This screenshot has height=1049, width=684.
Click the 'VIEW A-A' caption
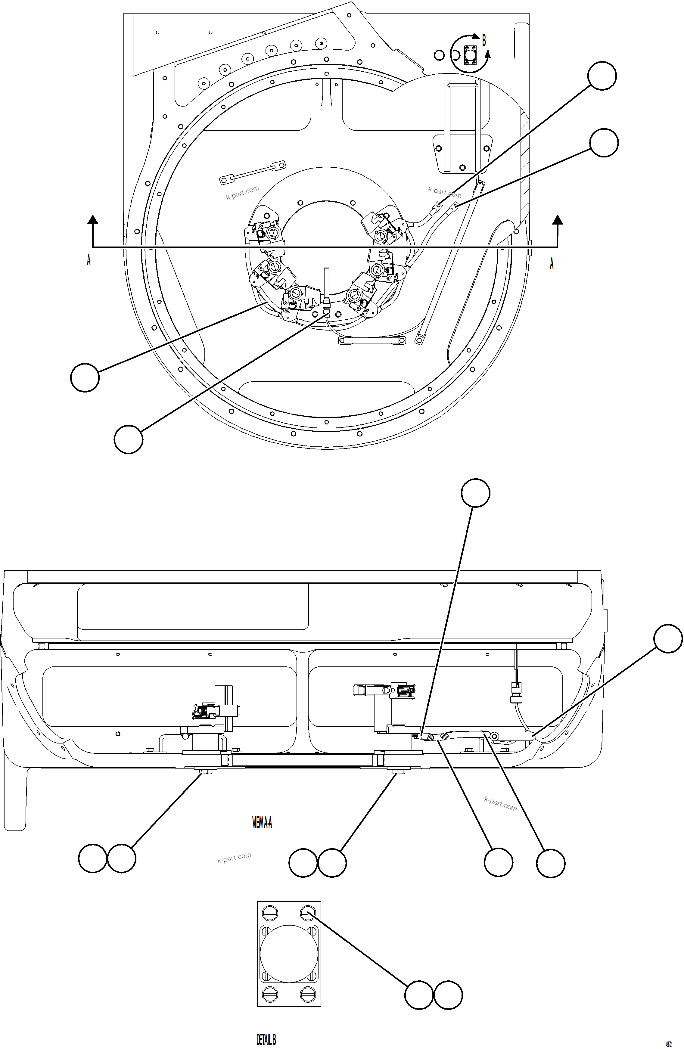click(262, 822)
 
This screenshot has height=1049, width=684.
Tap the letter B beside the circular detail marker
click(484, 41)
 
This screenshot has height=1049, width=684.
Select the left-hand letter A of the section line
click(89, 260)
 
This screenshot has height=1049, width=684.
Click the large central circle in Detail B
click(289, 953)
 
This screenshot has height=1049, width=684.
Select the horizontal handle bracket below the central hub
click(372, 340)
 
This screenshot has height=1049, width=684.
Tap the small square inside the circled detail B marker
click(470, 54)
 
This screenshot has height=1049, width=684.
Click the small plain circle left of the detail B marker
click(439, 55)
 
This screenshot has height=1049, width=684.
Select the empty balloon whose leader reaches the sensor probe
click(128, 439)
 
